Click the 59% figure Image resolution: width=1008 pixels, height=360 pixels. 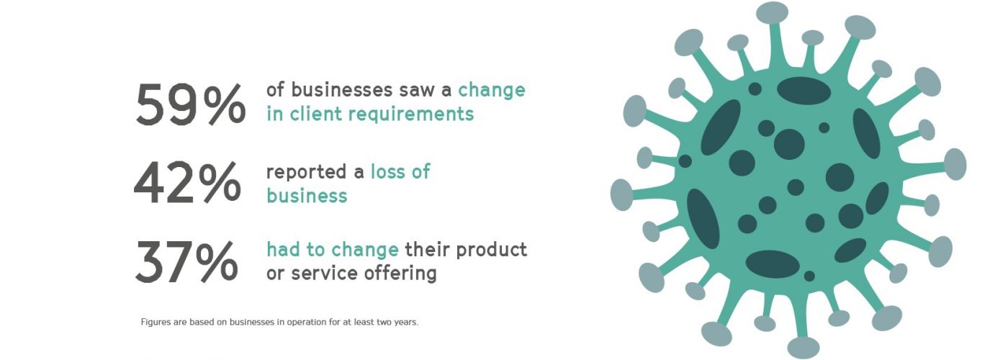click(x=190, y=104)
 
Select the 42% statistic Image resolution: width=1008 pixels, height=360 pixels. click(x=187, y=183)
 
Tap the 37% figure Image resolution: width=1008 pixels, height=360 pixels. click(x=186, y=261)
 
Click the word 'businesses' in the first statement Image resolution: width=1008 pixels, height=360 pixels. click(x=341, y=89)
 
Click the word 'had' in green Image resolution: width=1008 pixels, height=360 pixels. click(x=283, y=249)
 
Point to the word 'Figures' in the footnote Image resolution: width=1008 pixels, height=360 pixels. click(x=154, y=323)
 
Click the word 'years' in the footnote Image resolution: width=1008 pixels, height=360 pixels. click(x=406, y=323)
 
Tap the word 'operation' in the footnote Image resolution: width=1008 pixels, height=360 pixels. click(x=305, y=323)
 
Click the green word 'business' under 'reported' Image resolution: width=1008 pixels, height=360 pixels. click(x=307, y=196)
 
